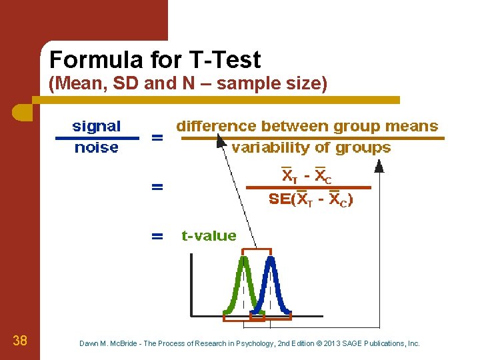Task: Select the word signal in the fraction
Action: tap(97, 126)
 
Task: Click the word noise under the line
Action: tap(97, 147)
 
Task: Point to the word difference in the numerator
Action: tap(215, 126)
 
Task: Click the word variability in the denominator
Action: tap(264, 147)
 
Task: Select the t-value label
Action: tap(209, 235)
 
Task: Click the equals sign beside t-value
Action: tap(157, 235)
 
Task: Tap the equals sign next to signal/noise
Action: tap(157, 138)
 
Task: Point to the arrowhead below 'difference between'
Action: tap(219, 141)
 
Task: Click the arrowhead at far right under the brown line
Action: tap(379, 167)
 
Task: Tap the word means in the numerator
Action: tap(415, 126)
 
